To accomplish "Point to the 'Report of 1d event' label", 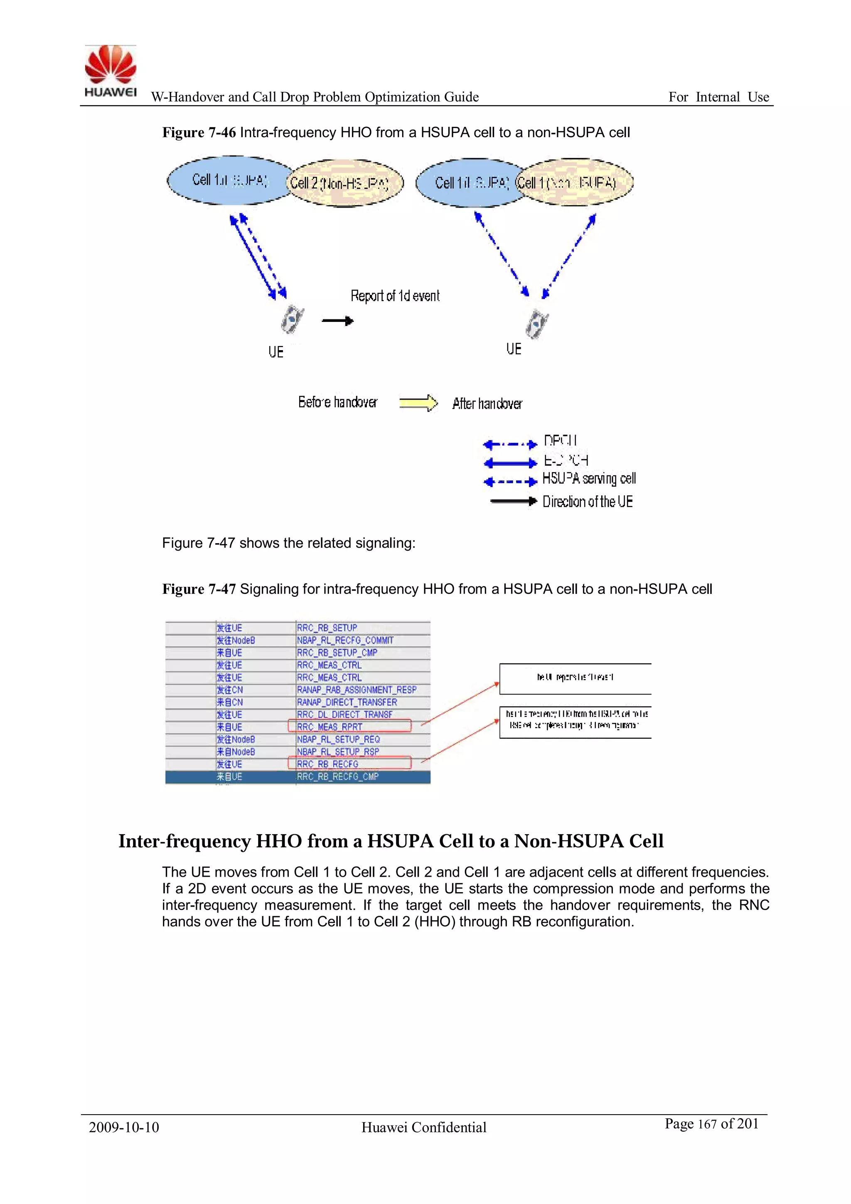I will pos(395,296).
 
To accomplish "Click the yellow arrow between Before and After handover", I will pos(418,403).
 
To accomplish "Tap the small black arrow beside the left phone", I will pos(337,320).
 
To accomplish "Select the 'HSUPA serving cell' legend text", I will pos(588,478).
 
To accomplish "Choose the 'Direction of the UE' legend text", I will pos(588,502).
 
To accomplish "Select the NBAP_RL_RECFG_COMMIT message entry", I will pos(345,640).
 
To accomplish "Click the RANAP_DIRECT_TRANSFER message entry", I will pos(347,702).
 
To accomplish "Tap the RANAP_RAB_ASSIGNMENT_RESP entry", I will pos(357,690).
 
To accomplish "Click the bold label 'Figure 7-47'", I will pos(199,589).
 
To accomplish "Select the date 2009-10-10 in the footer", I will pos(124,1127).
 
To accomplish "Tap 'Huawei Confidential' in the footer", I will pos(423,1127).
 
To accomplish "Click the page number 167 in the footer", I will pos(707,1124).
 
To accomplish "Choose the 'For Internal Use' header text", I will pos(718,97).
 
